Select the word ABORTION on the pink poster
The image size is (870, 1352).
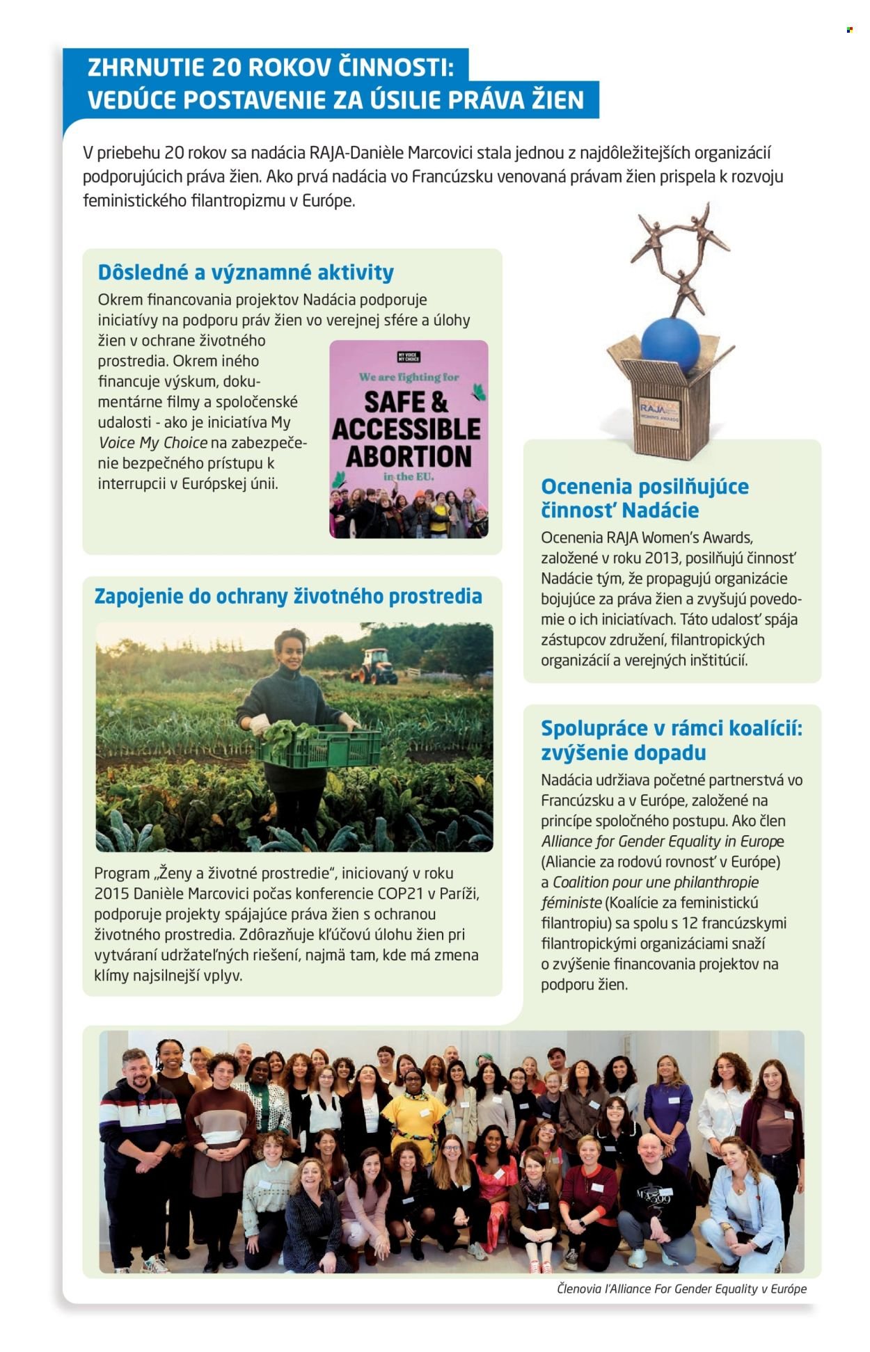[409, 456]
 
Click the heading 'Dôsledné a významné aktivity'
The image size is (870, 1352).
[246, 272]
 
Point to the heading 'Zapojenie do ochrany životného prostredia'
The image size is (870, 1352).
[288, 596]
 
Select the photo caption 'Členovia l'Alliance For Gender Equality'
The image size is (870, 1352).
[681, 1289]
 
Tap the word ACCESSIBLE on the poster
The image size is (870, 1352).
[406, 428]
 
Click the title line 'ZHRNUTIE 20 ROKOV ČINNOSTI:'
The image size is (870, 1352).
[271, 67]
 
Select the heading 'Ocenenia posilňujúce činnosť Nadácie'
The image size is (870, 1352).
[644, 498]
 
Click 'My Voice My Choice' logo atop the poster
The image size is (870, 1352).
[409, 358]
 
